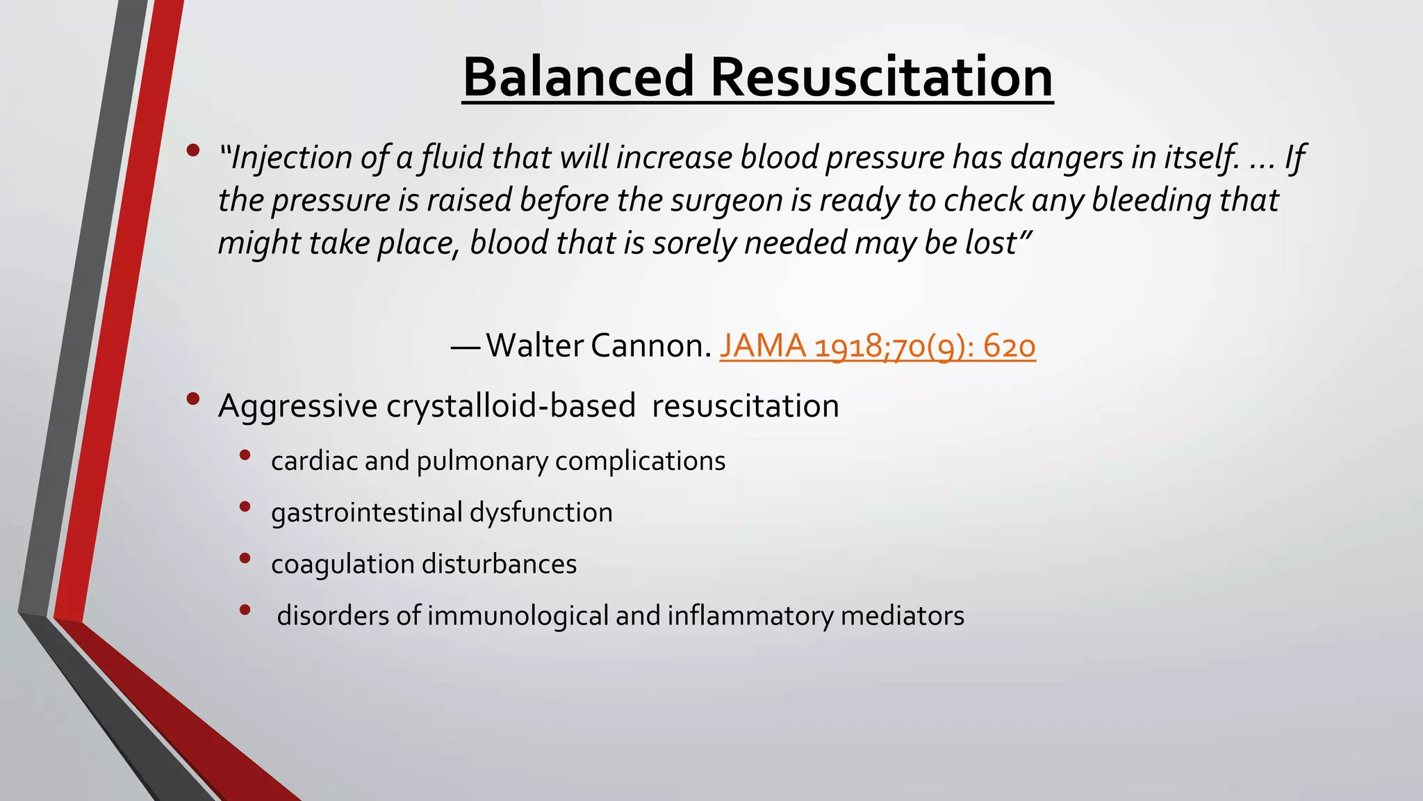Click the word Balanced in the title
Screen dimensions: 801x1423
pyautogui.click(x=578, y=76)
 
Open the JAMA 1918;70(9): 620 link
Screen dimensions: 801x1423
pyautogui.click(x=877, y=346)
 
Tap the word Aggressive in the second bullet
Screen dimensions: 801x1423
pyautogui.click(x=297, y=407)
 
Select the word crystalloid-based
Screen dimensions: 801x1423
pyautogui.click(x=511, y=406)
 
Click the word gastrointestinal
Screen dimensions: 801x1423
pyautogui.click(x=366, y=513)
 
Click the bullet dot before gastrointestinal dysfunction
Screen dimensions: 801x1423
pyautogui.click(x=245, y=507)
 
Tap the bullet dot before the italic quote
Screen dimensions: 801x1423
pyautogui.click(x=193, y=150)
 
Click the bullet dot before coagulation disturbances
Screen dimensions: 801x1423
pyautogui.click(x=245, y=558)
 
